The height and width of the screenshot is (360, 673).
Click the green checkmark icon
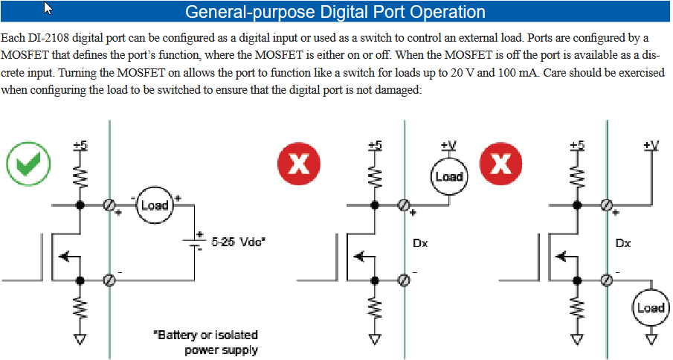click(x=28, y=164)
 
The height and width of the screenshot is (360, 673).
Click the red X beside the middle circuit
click(x=299, y=164)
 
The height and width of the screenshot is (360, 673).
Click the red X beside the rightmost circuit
click(x=500, y=164)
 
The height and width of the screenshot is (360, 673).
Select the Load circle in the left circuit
click(x=155, y=205)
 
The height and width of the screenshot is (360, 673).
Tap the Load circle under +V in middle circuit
click(x=449, y=176)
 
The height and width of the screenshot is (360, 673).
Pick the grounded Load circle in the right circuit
click(x=651, y=307)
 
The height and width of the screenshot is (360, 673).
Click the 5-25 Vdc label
click(x=239, y=242)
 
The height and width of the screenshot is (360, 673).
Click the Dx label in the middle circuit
click(x=420, y=243)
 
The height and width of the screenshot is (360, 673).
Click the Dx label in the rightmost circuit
click(x=622, y=243)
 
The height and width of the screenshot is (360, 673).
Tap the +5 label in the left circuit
click(x=80, y=146)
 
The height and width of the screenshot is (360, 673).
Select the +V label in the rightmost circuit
click(x=651, y=146)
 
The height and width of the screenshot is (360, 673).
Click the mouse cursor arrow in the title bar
click(x=48, y=7)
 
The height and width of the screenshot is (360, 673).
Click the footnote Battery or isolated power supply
click(x=206, y=342)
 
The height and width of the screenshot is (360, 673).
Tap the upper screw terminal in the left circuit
click(x=109, y=205)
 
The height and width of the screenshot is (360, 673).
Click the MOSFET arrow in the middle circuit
click(x=364, y=257)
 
